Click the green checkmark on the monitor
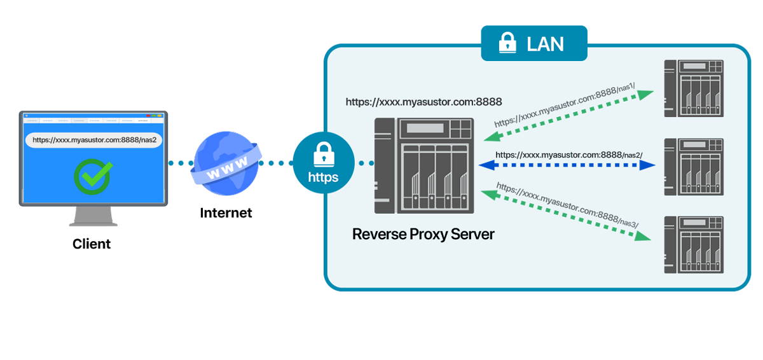[x=93, y=176]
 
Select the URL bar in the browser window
[x=94, y=140]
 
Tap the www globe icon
[x=226, y=163]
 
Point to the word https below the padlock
[x=324, y=177]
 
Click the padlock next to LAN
[x=507, y=43]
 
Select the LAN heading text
[x=545, y=44]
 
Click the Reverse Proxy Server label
[x=423, y=234]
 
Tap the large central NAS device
[x=424, y=166]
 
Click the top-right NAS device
[x=694, y=88]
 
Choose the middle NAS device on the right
[x=694, y=167]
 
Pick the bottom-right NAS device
[x=694, y=245]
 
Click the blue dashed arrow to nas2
[x=567, y=165]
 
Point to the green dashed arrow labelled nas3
[x=566, y=214]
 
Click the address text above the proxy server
[x=423, y=102]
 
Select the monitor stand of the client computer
[x=93, y=216]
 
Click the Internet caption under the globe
[x=226, y=213]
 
